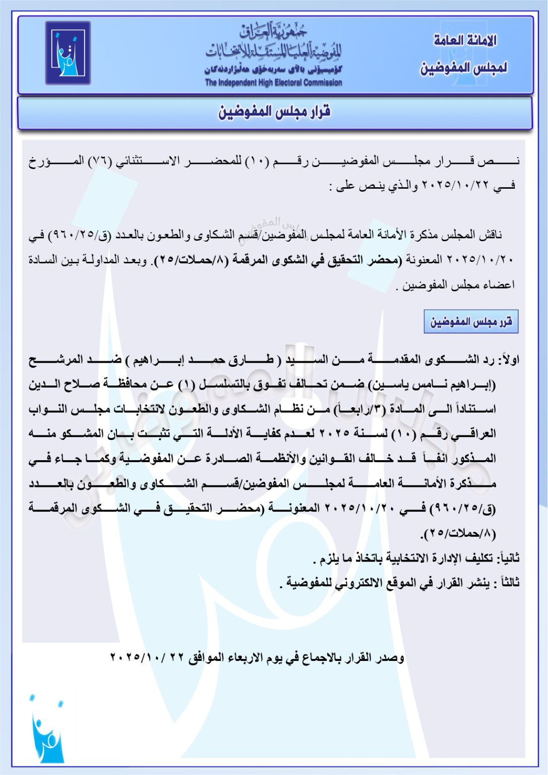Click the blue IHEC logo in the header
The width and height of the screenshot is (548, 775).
pos(68,52)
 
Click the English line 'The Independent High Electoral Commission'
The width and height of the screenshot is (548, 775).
pos(273,83)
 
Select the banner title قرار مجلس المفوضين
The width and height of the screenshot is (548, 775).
pos(274,112)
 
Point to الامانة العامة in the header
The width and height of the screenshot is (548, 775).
pos(465,40)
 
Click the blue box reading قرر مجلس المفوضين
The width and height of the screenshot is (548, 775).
pos(471,321)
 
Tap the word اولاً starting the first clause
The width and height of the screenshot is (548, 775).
pos(508,360)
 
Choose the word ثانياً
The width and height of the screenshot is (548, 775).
pos(508,558)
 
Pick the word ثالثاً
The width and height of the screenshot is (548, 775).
pos(508,583)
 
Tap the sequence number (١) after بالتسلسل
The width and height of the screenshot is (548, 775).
pos(186,384)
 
